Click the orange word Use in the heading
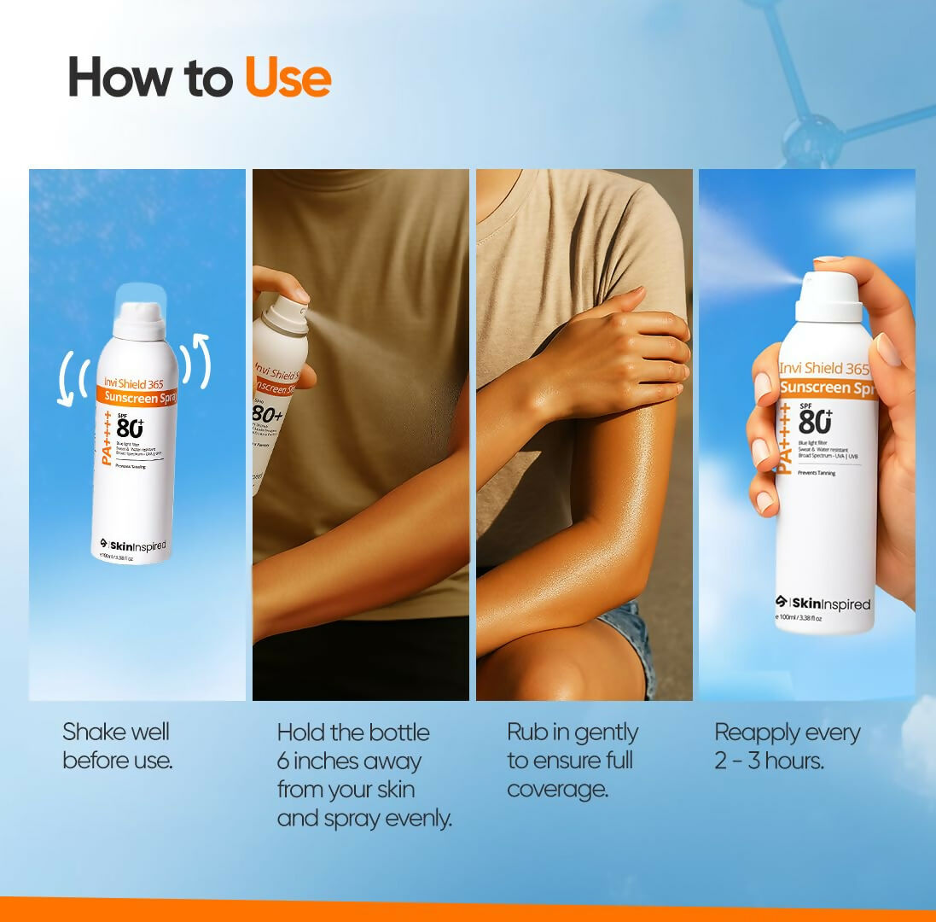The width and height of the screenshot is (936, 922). [288, 78]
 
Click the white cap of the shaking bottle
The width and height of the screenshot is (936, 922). [139, 321]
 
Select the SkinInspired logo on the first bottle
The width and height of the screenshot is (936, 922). [133, 546]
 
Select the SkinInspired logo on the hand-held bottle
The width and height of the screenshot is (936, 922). [823, 604]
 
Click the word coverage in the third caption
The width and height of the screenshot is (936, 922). [557, 789]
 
